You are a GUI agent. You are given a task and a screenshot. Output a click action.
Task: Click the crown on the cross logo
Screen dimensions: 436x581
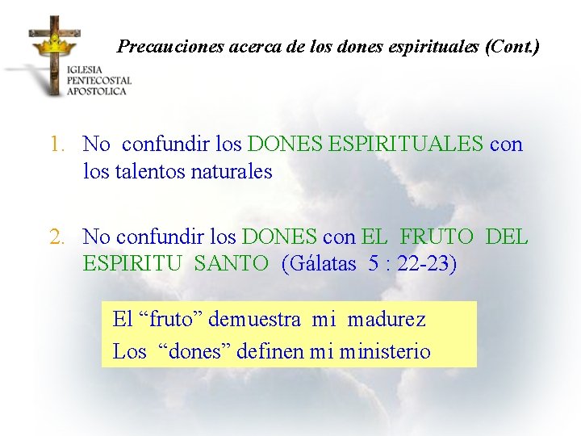pyautogui.click(x=54, y=42)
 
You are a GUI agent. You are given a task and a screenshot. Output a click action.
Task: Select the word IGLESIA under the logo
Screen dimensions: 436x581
pyautogui.click(x=86, y=70)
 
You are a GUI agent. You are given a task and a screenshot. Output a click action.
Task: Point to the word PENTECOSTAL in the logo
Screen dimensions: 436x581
pyautogui.click(x=99, y=81)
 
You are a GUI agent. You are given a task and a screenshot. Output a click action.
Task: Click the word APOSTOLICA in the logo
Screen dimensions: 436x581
pyautogui.click(x=97, y=91)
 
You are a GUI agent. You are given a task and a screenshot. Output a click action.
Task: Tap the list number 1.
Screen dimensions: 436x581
pyautogui.click(x=56, y=145)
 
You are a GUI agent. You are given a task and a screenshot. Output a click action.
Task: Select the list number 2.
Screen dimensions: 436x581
pyautogui.click(x=56, y=237)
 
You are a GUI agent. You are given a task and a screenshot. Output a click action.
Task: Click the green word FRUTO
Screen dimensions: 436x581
pyautogui.click(x=437, y=237)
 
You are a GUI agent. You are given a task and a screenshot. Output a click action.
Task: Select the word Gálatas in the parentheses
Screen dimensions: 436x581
pyautogui.click(x=319, y=263)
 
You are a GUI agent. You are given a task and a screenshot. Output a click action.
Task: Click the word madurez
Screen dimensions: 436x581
pyautogui.click(x=386, y=319)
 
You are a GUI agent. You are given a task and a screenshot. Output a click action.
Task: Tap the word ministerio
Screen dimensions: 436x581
pyautogui.click(x=385, y=352)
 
